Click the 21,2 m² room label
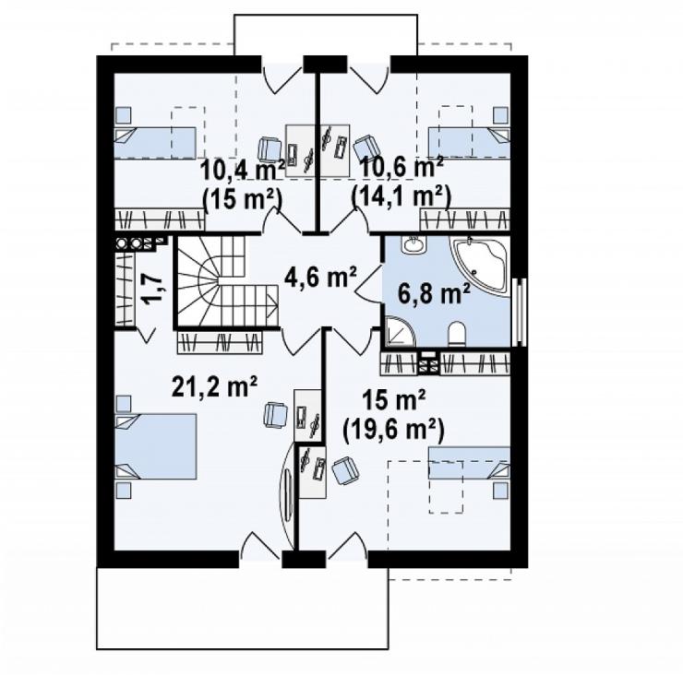[x=215, y=386]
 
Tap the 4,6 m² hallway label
[x=320, y=278]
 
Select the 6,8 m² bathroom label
[x=435, y=294]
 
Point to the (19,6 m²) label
[x=393, y=430]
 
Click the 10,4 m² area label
[x=242, y=169]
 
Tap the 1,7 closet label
[x=152, y=287]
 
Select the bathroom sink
[x=413, y=245]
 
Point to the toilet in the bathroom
[x=457, y=334]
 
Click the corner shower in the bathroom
[x=399, y=332]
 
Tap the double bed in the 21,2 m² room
[x=155, y=446]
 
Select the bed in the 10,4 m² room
[x=155, y=143]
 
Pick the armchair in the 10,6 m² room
[x=365, y=148]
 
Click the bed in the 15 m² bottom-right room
[x=469, y=463]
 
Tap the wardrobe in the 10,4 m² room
[x=160, y=219]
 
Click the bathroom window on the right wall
[x=520, y=312]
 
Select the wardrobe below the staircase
[x=220, y=342]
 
